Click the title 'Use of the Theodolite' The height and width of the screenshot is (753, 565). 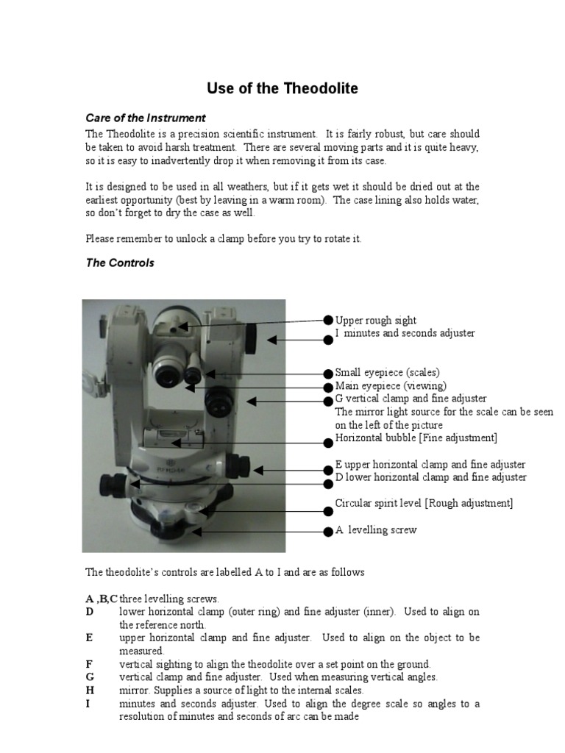click(x=282, y=89)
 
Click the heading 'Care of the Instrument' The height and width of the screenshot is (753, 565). click(x=146, y=118)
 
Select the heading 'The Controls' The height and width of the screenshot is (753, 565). click(x=120, y=263)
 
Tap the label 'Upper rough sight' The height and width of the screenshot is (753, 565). click(x=375, y=321)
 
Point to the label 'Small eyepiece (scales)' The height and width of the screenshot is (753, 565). click(x=387, y=373)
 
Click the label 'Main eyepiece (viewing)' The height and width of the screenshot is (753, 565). click(x=391, y=386)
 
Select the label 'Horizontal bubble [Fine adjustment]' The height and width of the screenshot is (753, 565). click(x=416, y=438)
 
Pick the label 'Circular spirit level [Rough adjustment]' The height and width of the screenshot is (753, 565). click(x=424, y=503)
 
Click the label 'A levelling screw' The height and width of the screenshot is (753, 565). click(x=375, y=530)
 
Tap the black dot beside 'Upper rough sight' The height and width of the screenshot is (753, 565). click(x=328, y=320)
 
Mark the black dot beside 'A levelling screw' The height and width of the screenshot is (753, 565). click(x=328, y=531)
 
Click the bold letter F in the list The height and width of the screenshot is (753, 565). click(x=89, y=664)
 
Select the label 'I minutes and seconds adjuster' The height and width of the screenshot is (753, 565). click(x=405, y=333)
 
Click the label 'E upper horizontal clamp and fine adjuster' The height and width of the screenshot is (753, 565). click(x=430, y=465)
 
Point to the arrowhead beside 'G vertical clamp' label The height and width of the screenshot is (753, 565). click(x=250, y=401)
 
